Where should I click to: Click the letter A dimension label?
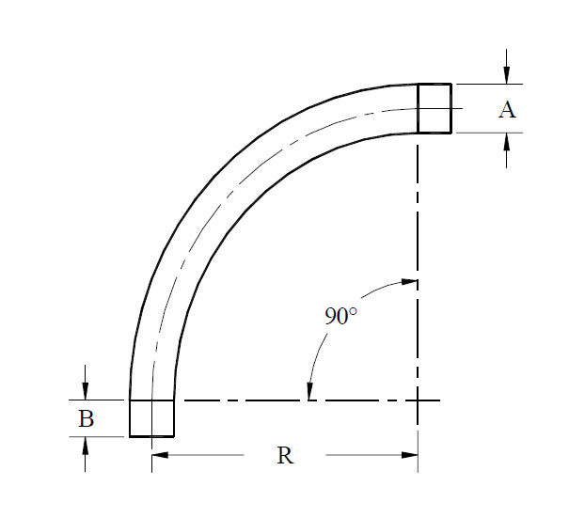(507, 110)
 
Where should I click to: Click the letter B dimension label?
(86, 418)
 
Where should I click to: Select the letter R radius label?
(285, 456)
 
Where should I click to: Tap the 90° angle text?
(340, 317)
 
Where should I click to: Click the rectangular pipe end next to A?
(435, 108)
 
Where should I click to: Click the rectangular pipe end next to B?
(151, 418)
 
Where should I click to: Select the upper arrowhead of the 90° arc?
(408, 281)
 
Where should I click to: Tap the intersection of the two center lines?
(418, 401)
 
